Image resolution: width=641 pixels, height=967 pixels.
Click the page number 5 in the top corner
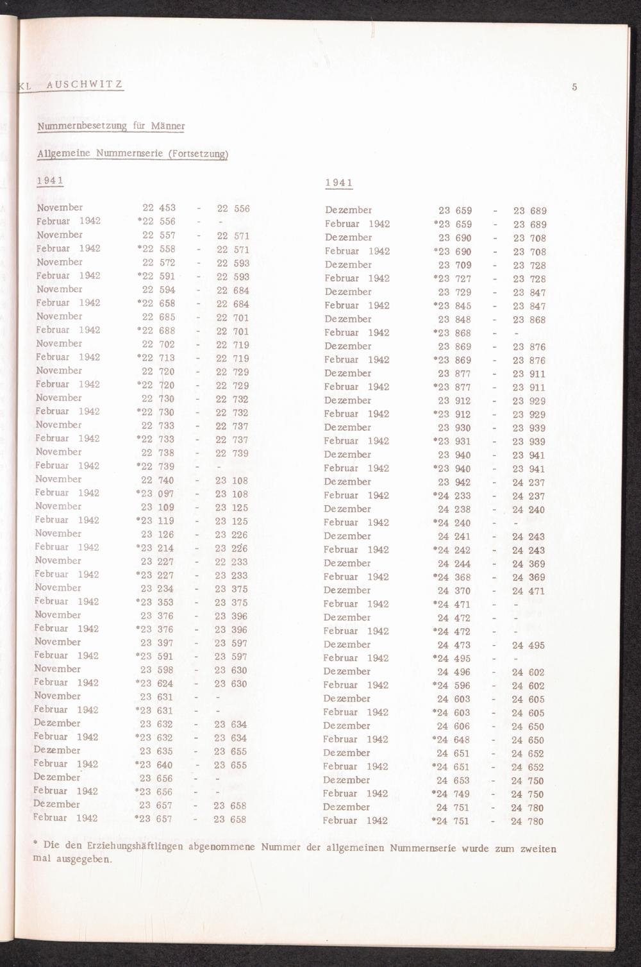(x=574, y=87)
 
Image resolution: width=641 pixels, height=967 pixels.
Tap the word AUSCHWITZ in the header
(x=83, y=85)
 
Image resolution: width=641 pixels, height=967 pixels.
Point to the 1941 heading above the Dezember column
(x=338, y=183)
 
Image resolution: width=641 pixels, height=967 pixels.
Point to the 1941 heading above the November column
(x=49, y=180)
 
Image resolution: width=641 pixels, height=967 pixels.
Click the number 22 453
(x=158, y=208)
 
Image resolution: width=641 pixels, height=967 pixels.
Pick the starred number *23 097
(x=155, y=494)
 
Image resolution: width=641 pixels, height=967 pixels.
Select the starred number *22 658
(x=156, y=303)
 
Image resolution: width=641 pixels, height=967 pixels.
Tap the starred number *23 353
(x=154, y=602)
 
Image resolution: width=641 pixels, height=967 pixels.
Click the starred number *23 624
(x=154, y=684)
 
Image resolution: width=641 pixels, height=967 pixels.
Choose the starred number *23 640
(x=154, y=764)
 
